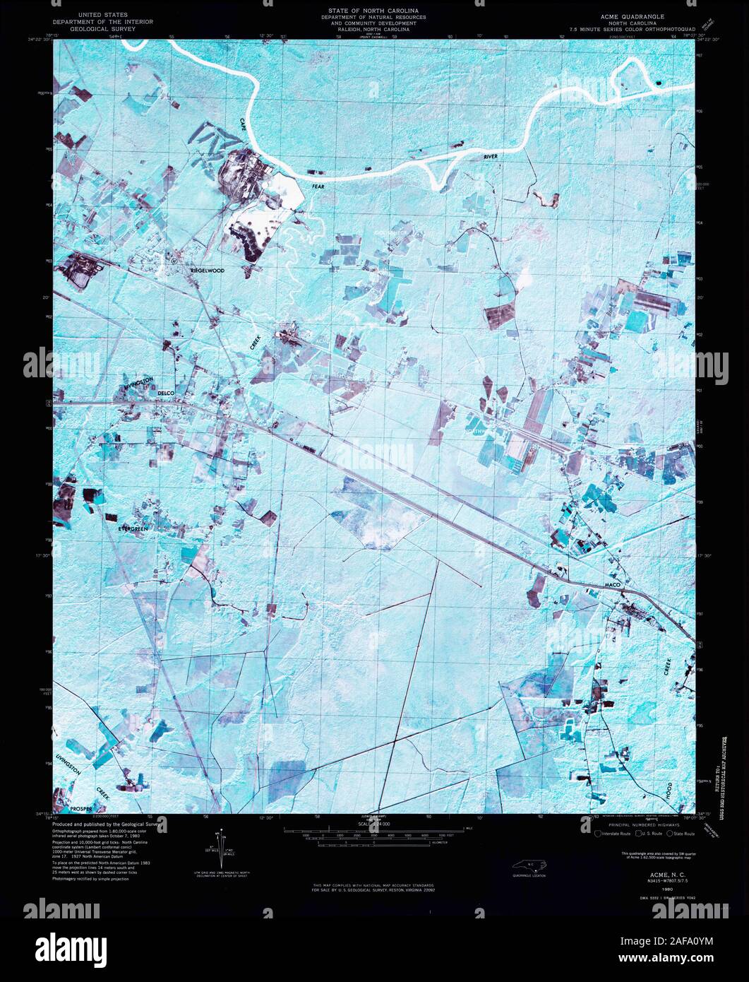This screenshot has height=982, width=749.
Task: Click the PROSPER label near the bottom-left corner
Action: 83,806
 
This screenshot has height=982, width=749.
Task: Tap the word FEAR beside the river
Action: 319,187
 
